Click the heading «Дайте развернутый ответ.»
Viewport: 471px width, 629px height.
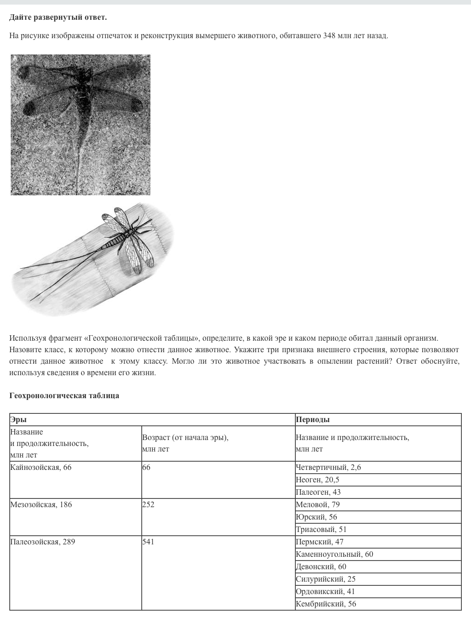tap(58, 17)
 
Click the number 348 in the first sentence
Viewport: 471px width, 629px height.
tap(329, 35)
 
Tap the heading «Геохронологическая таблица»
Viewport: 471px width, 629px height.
tap(64, 395)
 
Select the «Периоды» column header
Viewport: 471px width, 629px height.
tap(313, 419)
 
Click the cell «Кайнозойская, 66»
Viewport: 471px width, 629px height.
tap(41, 468)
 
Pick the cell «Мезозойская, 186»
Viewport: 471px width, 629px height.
tap(41, 505)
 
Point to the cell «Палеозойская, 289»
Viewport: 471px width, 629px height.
tap(42, 542)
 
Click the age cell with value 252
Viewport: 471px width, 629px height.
tap(148, 505)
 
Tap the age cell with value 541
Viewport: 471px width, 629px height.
tap(148, 542)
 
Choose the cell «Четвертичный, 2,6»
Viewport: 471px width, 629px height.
tap(328, 468)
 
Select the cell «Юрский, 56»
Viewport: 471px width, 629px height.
tap(316, 517)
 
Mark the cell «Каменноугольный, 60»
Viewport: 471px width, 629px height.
tap(334, 555)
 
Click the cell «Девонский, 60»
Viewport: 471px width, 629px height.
tap(321, 567)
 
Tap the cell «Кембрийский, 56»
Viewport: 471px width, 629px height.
tap(326, 604)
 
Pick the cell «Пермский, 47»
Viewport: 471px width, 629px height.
tap(320, 542)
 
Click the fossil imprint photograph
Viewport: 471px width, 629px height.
tap(80, 125)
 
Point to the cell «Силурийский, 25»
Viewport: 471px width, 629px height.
tap(326, 579)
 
